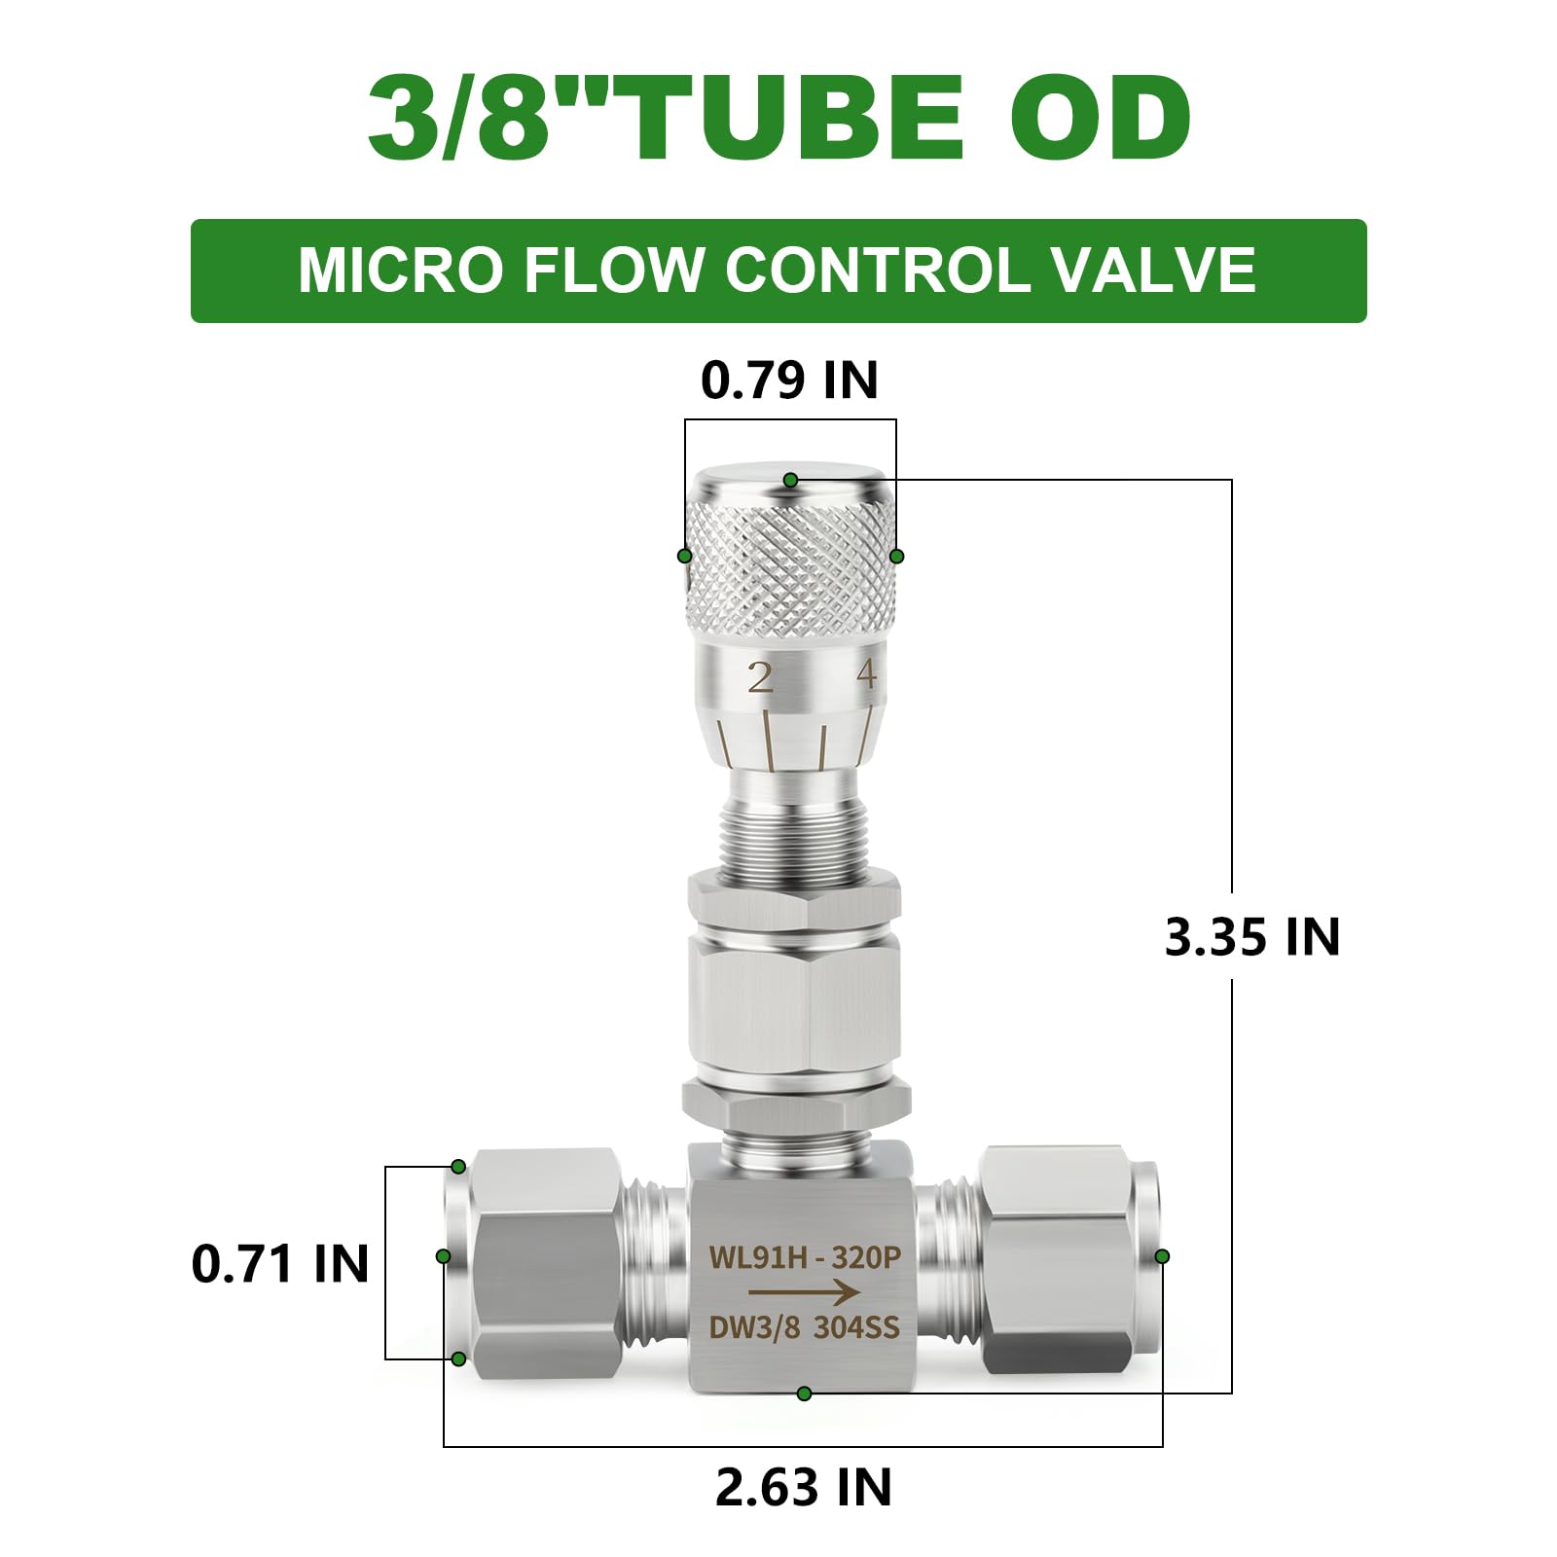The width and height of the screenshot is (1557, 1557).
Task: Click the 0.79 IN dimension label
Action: tap(789, 380)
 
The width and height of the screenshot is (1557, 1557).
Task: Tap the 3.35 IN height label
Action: tap(1251, 937)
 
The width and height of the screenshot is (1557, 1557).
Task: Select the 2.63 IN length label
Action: tap(803, 1488)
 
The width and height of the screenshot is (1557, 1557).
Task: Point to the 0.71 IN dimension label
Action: tap(280, 1264)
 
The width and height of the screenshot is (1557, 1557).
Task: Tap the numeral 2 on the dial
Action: tap(759, 677)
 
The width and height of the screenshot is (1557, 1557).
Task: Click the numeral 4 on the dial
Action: tap(866, 674)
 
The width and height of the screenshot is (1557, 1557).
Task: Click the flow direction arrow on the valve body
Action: tap(803, 1292)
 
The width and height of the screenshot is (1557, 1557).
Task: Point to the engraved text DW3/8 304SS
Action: tap(804, 1327)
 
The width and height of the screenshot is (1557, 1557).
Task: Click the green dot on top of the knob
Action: tap(790, 480)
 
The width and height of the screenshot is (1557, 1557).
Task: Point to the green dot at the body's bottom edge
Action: tap(804, 1394)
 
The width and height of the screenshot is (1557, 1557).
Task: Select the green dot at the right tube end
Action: tap(1162, 1256)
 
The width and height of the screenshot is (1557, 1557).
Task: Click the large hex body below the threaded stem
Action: tap(792, 1002)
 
